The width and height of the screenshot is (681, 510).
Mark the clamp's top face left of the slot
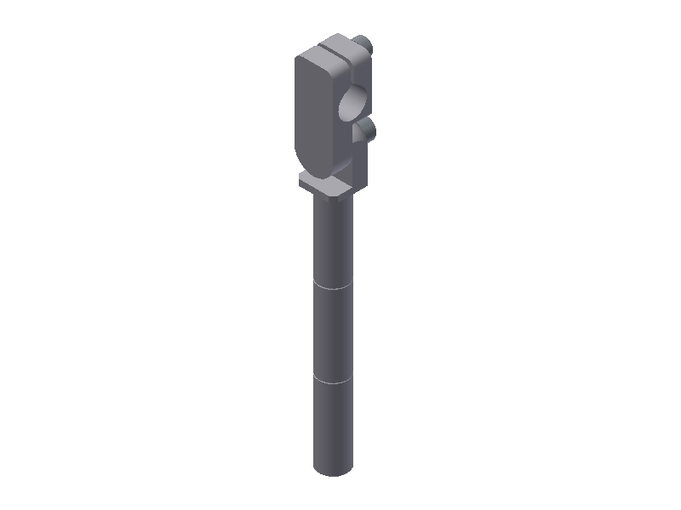(318, 54)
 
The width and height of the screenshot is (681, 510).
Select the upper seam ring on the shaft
(333, 287)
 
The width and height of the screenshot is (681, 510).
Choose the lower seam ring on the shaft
(333, 382)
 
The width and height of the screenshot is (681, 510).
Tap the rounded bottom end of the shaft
(333, 470)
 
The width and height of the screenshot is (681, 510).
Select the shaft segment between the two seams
(333, 334)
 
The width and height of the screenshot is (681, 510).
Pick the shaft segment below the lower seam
(333, 425)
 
